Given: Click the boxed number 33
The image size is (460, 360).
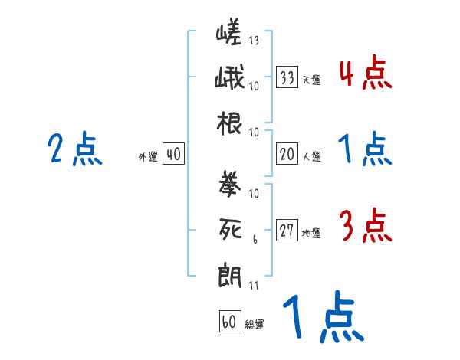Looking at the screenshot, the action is pyautogui.click(x=287, y=77).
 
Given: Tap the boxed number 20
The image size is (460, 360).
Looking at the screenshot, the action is pyautogui.click(x=287, y=154).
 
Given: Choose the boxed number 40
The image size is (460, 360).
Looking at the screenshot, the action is pyautogui.click(x=173, y=155).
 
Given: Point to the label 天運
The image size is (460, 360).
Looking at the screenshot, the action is pyautogui.click(x=310, y=80).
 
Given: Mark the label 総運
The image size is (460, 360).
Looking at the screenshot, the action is pyautogui.click(x=254, y=324).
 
